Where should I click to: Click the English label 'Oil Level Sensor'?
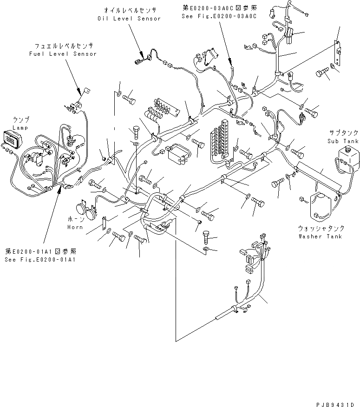[129, 19]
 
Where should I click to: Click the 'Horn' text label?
[75, 227]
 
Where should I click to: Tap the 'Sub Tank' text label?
[343, 141]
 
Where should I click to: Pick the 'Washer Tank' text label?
[321, 236]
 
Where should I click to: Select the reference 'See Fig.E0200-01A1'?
[40, 260]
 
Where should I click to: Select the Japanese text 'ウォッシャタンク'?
[321, 229]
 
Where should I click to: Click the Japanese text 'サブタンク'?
[342, 132]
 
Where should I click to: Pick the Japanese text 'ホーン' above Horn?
[75, 219]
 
